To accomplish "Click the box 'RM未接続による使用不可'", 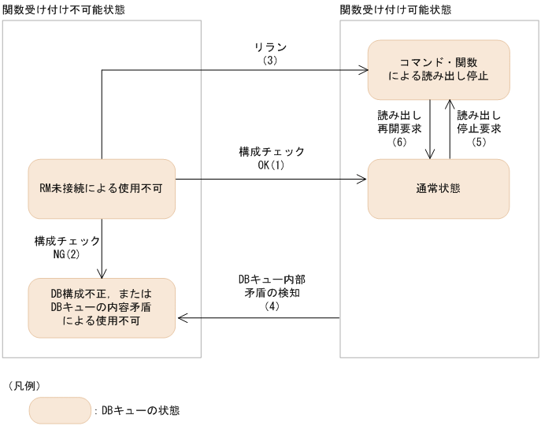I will point(101,189).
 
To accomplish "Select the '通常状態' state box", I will point(439,189).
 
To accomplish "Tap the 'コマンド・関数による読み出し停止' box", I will point(439,69).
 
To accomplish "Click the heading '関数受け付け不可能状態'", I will point(65,9).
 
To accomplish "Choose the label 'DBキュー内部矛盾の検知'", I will point(267,286).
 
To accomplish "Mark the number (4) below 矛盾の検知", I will point(267,306).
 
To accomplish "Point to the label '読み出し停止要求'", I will point(480,121).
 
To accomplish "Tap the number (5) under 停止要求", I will point(480,143).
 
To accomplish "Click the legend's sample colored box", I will point(60,409).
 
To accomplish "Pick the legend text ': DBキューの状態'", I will point(136,410).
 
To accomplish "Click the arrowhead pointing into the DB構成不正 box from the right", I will point(180,318).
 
